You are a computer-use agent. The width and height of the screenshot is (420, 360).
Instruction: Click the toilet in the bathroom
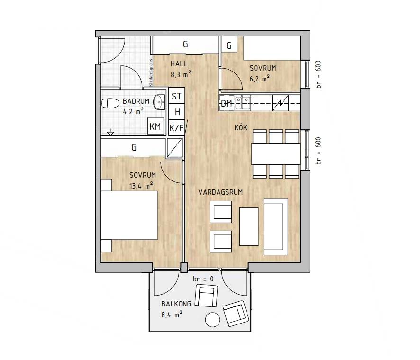pos(110,103)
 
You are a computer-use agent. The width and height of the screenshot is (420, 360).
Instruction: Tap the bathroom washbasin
pos(159,102)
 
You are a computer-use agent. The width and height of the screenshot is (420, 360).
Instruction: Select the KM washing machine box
pos(155,126)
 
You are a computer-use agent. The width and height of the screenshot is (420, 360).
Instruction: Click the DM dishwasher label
pos(226,103)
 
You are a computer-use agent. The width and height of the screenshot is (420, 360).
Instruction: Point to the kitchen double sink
pos(243,103)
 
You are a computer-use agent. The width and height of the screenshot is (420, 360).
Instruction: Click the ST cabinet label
pos(176,96)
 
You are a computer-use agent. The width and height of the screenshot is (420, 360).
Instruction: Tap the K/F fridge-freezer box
pos(176,128)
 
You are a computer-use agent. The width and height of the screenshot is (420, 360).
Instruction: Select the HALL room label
pos(179,64)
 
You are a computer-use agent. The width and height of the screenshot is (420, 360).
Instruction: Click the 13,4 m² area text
pos(141,186)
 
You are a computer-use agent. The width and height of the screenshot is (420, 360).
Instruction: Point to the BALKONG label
pos(176,304)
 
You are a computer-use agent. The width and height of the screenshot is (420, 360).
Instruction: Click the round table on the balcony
pos(213,320)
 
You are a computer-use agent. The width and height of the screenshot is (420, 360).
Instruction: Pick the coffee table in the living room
pos(249,226)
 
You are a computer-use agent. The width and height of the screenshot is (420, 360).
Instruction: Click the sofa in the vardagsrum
pos(276,226)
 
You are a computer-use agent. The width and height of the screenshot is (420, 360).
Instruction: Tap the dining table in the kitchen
pos(276,154)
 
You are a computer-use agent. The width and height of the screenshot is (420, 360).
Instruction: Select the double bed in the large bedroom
pos(129,215)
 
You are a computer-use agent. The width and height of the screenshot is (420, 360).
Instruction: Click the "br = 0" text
pos(203,279)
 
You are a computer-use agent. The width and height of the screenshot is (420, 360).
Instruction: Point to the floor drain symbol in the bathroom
pos(110,132)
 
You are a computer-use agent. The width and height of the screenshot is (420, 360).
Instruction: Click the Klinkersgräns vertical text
pos(151,72)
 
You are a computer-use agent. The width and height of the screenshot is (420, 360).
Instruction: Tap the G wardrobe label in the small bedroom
pos(229,46)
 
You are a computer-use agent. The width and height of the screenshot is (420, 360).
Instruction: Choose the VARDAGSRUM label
pos(220,192)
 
